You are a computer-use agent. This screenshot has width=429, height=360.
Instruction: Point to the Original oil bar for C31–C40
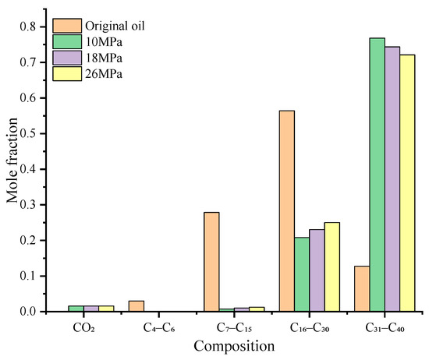[x=362, y=289]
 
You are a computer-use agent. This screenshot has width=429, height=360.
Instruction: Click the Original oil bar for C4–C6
[x=136, y=306]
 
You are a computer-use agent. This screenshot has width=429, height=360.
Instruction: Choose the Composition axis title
[x=234, y=345]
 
